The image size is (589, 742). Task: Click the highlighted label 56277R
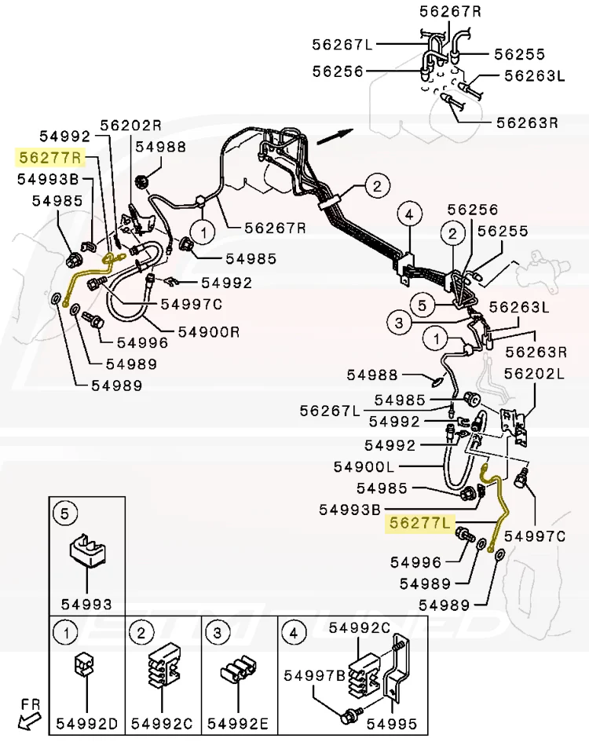pyautogui.click(x=50, y=157)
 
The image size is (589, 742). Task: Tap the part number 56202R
pyautogui.click(x=131, y=125)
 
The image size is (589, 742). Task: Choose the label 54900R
pyautogui.click(x=209, y=331)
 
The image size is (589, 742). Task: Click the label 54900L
pyautogui.click(x=364, y=466)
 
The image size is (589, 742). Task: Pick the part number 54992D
pyautogui.click(x=87, y=723)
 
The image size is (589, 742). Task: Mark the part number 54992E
pyautogui.click(x=238, y=723)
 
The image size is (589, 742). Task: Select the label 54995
pyautogui.click(x=392, y=723)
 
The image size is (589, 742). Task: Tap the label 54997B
pyautogui.click(x=314, y=676)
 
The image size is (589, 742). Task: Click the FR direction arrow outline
pyautogui.click(x=27, y=722)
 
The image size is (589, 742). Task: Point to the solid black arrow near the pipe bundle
pyautogui.click(x=335, y=136)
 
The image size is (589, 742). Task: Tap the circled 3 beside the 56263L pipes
pyautogui.click(x=399, y=323)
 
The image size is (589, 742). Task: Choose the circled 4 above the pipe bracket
pyautogui.click(x=409, y=214)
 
